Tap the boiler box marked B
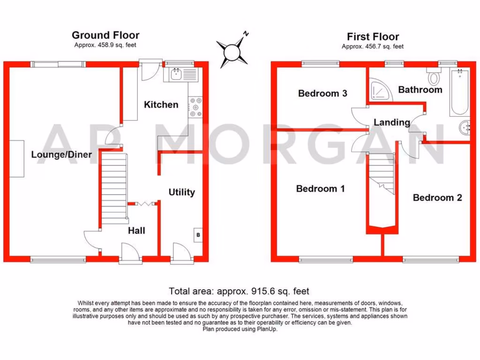pyautogui.click(x=198, y=234)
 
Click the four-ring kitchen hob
pyautogui.click(x=195, y=107)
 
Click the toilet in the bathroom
pyautogui.click(x=434, y=75)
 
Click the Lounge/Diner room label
pyautogui.click(x=61, y=155)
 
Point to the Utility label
pyautogui.click(x=181, y=192)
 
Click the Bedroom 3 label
pyautogui.click(x=322, y=93)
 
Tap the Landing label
pyautogui.click(x=391, y=122)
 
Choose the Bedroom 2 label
pyautogui.click(x=437, y=198)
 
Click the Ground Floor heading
pyautogui.click(x=105, y=35)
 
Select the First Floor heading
pyautogui.click(x=373, y=37)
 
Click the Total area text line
pyautogui.click(x=239, y=291)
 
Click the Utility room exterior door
pyautogui.click(x=181, y=254)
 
